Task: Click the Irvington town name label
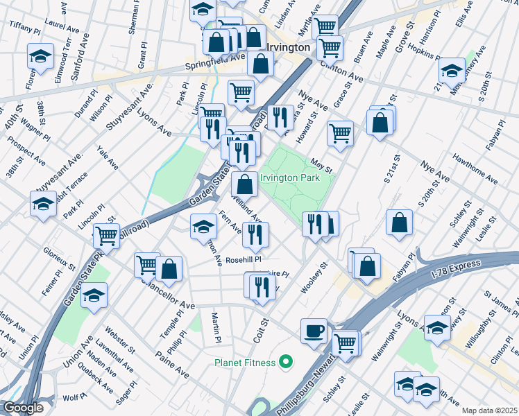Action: point(287,47)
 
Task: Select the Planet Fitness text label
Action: point(245,362)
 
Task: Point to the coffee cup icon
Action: point(314,330)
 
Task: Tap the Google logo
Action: point(23,408)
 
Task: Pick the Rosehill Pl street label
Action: point(244,260)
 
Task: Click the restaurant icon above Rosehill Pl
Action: point(255,234)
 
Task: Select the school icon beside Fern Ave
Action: point(203,225)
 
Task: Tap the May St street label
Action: point(322,166)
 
